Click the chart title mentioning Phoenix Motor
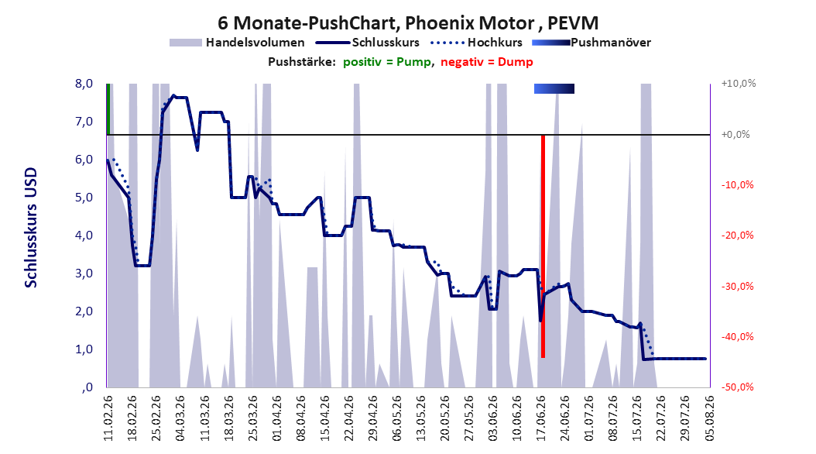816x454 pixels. click(408, 23)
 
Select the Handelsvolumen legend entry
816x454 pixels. click(237, 43)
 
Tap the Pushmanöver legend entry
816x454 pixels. click(591, 43)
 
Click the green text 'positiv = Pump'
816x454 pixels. click(387, 62)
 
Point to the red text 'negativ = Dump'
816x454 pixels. click(487, 62)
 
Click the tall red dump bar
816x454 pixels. click(543, 246)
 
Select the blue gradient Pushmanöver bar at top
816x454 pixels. click(554, 88)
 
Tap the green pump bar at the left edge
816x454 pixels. click(108, 108)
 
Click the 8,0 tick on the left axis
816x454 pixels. click(84, 84)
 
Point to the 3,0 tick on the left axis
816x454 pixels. click(84, 273)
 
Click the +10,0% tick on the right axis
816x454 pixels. click(739, 84)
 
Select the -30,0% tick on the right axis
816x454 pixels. click(737, 287)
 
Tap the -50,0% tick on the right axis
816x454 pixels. click(737, 387)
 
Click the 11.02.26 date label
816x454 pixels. click(108, 418)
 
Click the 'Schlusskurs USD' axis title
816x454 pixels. click(31, 228)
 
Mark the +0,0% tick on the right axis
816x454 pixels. click(735, 134)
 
